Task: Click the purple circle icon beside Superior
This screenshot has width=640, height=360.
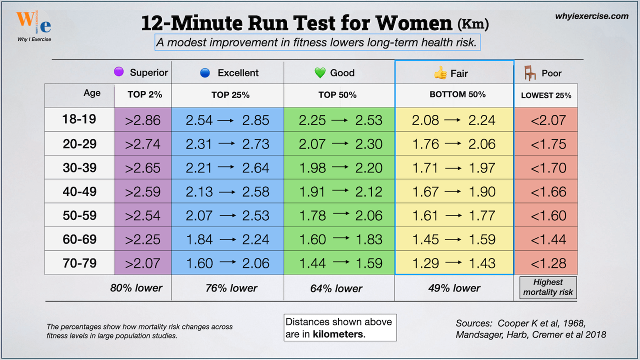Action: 118,72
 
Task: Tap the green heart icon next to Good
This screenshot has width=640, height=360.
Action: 320,73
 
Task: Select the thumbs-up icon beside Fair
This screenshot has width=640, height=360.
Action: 440,73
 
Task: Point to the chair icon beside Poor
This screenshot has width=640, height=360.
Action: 529,73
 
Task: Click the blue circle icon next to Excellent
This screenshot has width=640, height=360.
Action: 204,73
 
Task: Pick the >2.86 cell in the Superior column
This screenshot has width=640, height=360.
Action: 142,120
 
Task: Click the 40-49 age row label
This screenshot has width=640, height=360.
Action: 79,191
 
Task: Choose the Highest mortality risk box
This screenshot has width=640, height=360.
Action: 548,287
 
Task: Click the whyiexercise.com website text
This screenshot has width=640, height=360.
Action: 592,16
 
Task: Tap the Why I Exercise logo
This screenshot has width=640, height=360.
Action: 34,25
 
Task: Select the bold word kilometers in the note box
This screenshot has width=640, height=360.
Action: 338,334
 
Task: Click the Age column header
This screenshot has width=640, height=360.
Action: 92,93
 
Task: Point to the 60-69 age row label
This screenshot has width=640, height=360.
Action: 79,239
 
